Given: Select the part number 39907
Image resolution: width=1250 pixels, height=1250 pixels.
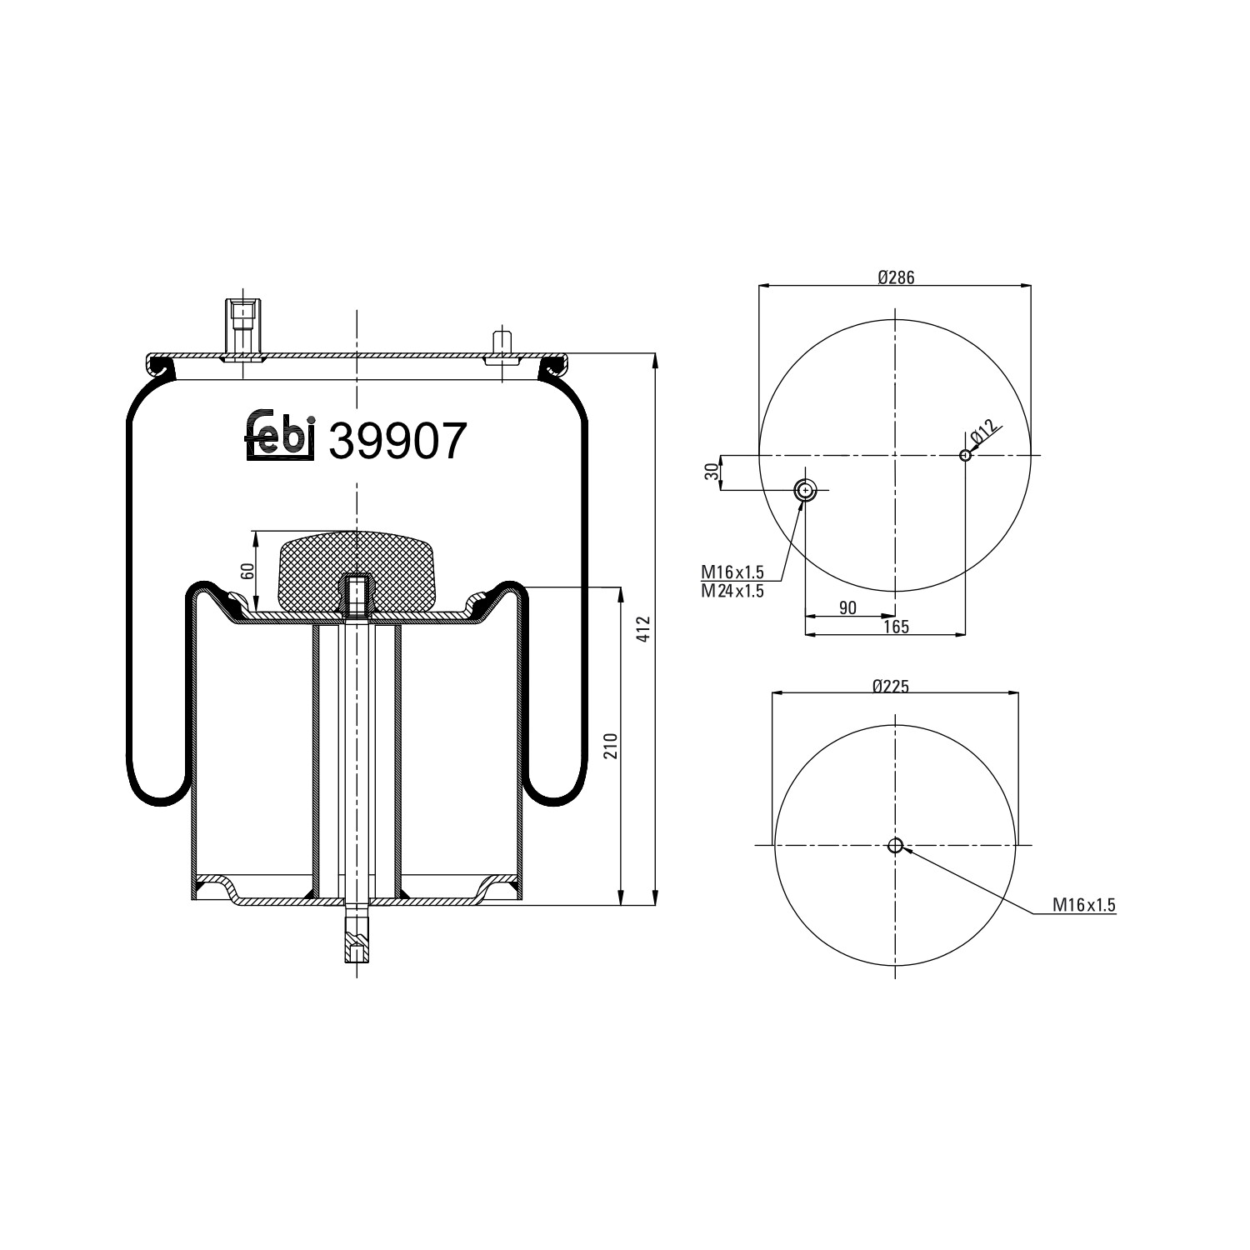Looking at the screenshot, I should point(397,441).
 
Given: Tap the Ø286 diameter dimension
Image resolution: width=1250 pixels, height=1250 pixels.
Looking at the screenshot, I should point(896,277).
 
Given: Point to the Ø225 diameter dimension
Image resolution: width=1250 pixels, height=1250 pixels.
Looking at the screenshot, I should point(891,686).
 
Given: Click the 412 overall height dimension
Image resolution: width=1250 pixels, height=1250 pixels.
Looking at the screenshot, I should point(642,629).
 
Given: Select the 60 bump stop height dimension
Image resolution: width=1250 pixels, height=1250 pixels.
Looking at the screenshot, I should point(247,572).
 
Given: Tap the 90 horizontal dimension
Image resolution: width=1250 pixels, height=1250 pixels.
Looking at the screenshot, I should point(847,607).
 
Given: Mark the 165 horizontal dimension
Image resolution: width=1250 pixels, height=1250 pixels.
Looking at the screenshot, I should point(896,627).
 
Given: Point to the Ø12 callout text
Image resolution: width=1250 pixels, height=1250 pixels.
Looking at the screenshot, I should point(983,432).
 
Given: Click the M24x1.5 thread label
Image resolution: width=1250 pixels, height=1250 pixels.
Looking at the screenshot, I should point(732,591).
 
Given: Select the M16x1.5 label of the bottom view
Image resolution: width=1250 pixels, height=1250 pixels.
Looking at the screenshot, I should point(1083,905).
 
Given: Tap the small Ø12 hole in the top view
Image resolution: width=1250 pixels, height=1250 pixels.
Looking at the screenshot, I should point(965,455).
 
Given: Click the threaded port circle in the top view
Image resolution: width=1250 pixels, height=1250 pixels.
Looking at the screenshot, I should point(805,490).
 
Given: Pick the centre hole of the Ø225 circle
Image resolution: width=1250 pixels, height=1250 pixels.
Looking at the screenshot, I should point(895,846).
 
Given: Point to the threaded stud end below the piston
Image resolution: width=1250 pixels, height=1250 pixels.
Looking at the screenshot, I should point(356,942).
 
